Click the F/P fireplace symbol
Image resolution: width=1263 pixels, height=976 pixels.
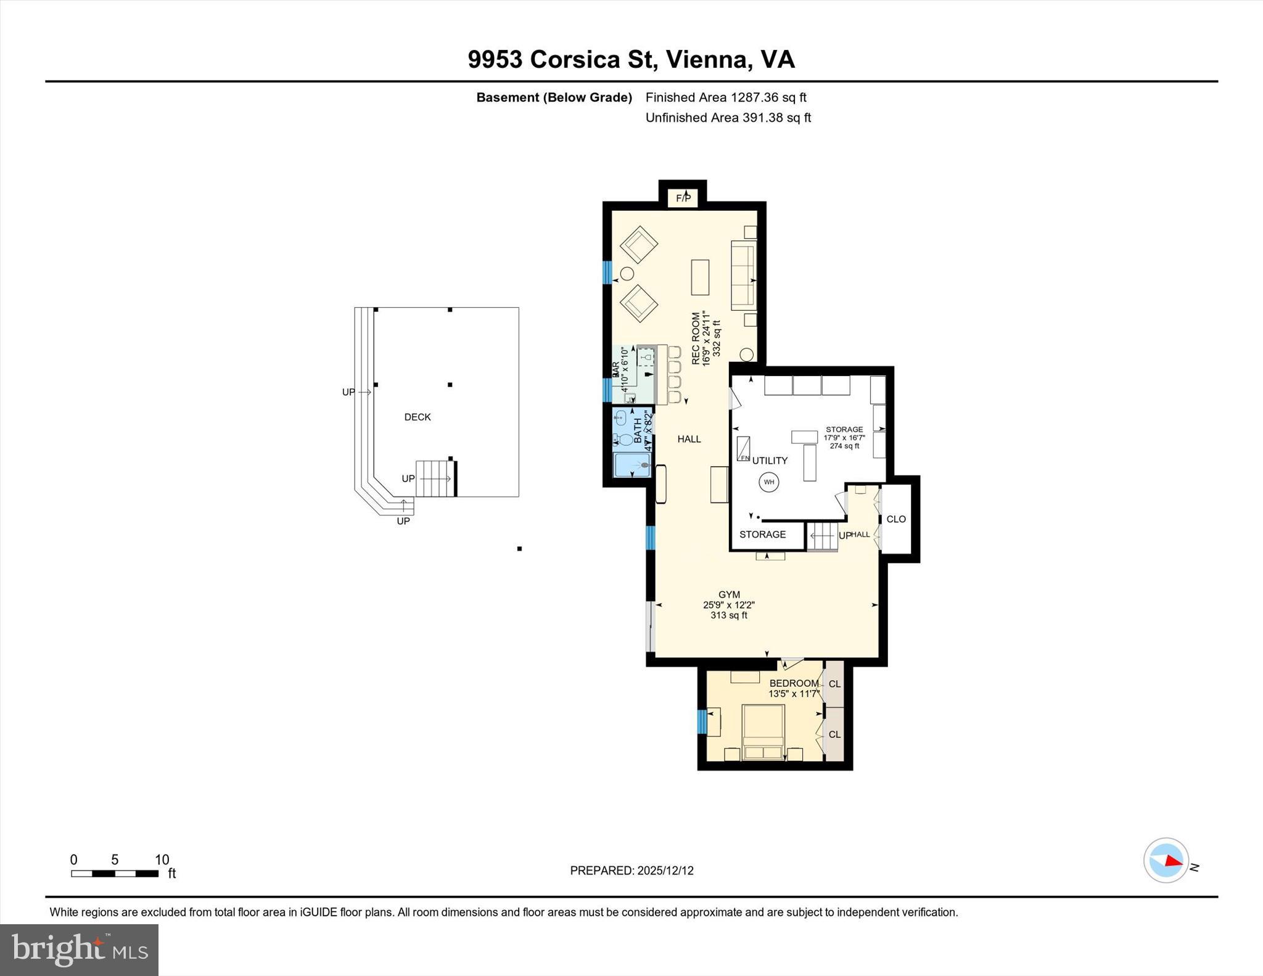[683, 198]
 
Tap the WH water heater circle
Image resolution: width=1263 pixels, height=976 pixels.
[768, 482]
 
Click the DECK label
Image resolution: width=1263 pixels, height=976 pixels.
[418, 417]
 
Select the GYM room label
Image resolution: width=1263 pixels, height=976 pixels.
[729, 595]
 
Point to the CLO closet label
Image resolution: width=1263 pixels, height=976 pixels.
[896, 519]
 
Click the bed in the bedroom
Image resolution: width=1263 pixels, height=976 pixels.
[763, 732]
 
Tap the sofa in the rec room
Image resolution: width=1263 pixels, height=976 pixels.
[743, 276]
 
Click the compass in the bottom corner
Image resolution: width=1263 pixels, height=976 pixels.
[1166, 860]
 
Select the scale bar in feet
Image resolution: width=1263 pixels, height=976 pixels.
[115, 873]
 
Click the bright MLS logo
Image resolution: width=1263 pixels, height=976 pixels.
[79, 949]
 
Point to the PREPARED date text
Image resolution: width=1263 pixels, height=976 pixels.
[631, 871]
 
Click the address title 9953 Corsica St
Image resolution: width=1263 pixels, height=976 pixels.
[631, 60]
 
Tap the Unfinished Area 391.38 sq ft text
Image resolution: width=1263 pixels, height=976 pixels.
[728, 118]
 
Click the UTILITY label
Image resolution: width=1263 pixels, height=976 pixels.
[770, 461]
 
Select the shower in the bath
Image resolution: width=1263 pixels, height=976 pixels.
[631, 465]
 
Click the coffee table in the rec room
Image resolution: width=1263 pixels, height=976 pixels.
[700, 277]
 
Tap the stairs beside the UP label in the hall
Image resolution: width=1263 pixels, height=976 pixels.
[822, 536]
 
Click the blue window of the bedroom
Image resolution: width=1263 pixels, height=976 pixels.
[702, 721]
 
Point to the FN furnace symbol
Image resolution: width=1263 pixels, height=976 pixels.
[744, 449]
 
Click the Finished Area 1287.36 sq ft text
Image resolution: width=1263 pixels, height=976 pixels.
[726, 97]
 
